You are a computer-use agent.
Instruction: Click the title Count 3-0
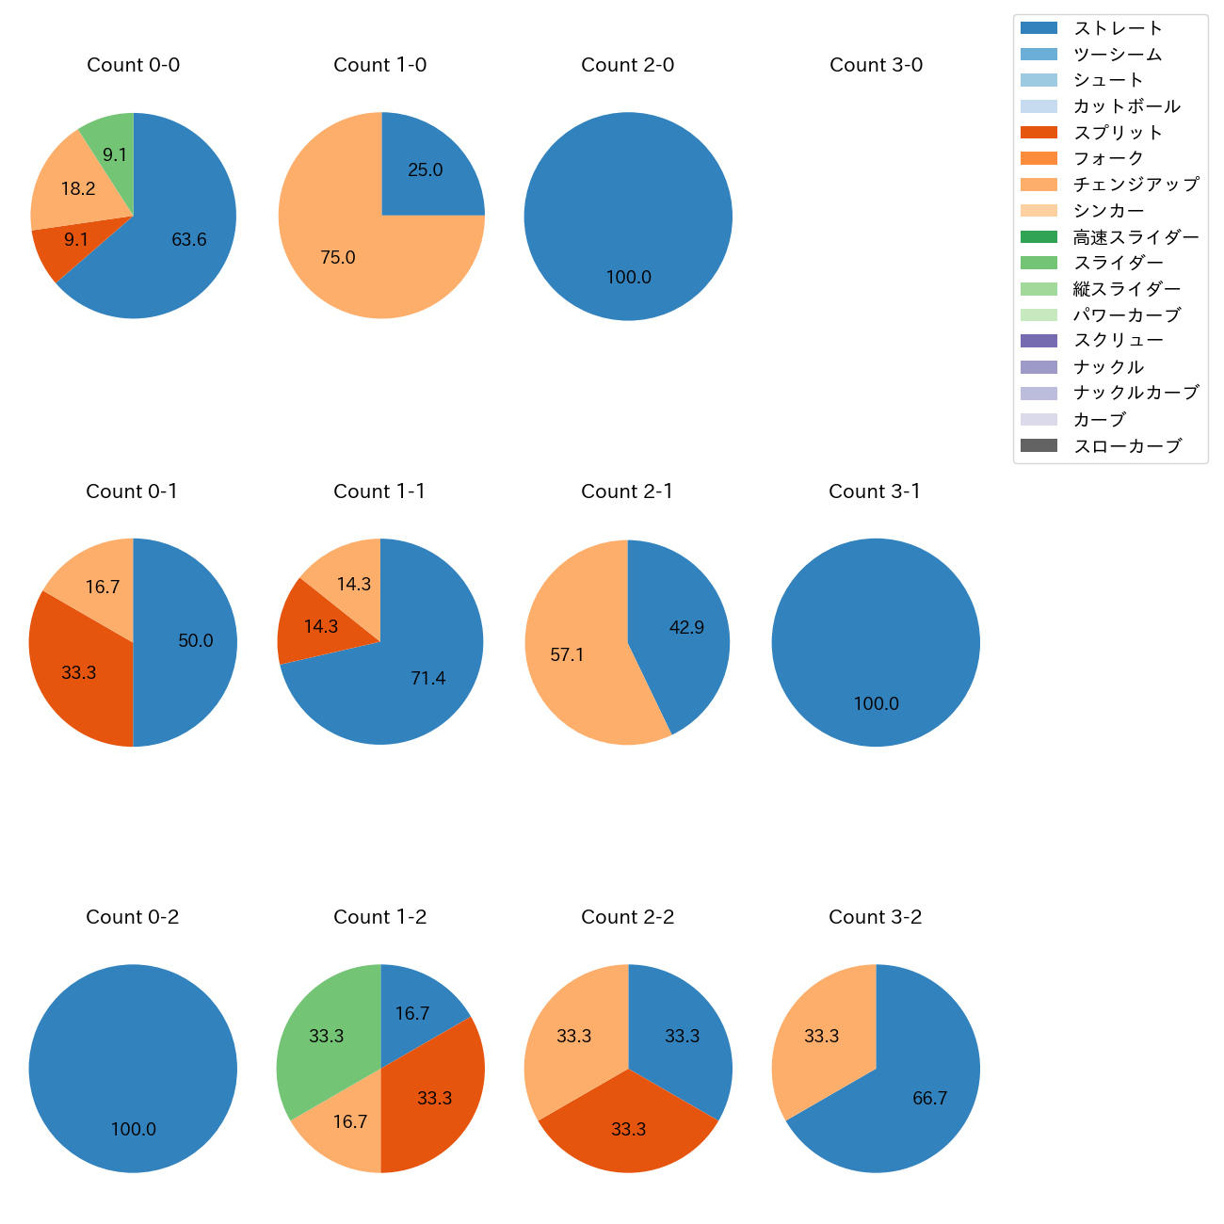coord(876,65)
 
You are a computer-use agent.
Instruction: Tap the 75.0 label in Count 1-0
coord(338,257)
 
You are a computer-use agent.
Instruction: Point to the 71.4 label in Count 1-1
coord(428,678)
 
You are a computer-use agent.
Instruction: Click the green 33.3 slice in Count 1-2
coord(325,1036)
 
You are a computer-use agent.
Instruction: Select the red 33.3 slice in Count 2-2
coord(628,1129)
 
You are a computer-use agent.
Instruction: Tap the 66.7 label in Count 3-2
coord(929,1098)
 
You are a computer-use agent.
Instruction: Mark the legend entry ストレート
coord(1118,28)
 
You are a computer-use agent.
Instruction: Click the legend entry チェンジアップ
coord(1135,185)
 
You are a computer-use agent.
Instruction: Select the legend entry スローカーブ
coord(1127,446)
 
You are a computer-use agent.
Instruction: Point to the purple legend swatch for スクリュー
coord(1039,341)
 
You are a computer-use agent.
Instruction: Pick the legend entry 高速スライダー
coord(1135,237)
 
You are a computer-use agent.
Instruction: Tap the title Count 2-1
coord(627,491)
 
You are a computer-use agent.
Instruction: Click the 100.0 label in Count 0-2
coord(134,1129)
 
